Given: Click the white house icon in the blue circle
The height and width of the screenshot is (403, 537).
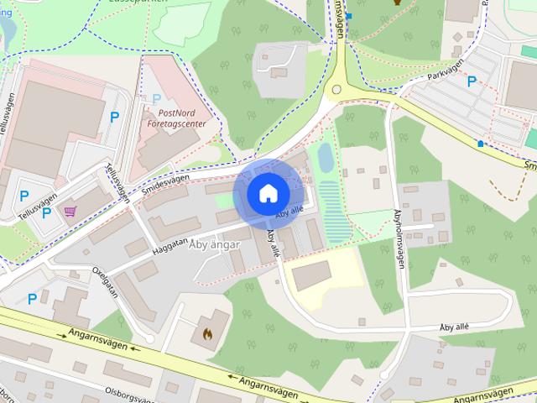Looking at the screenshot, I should (268, 193).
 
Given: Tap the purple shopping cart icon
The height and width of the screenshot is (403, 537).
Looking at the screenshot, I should (70, 212).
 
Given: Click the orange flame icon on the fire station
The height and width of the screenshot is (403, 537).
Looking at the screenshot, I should (207, 333).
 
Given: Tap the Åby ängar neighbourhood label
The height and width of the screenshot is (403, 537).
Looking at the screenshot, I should (216, 244).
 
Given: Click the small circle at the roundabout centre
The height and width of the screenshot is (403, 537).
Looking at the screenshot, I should (336, 89).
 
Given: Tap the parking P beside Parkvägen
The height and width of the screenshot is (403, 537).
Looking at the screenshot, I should (472, 81).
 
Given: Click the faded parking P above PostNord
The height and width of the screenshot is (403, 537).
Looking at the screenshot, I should (156, 99).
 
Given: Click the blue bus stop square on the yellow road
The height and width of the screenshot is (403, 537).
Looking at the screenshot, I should (480, 144).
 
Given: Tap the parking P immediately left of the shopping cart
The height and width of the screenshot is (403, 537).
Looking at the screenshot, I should (46, 212).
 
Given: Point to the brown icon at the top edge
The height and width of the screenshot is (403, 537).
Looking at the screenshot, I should (398, 3).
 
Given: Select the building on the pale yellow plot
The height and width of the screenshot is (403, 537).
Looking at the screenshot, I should (311, 275).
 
